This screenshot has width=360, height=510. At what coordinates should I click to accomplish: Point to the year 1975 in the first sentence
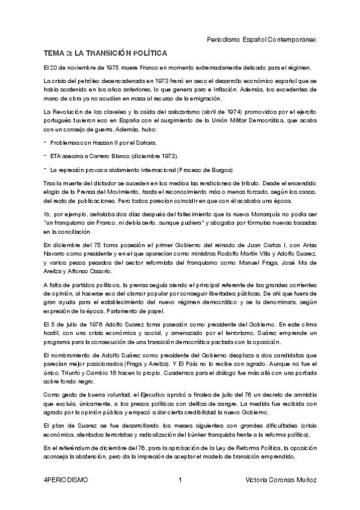click(x=105, y=68)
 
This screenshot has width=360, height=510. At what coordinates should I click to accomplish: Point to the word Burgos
click(x=219, y=169)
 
